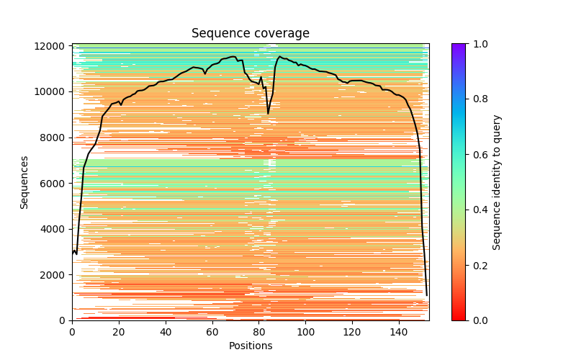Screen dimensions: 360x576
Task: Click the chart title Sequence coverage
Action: point(250,34)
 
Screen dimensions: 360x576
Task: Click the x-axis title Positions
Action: point(250,346)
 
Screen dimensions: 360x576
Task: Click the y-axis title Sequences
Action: point(24,182)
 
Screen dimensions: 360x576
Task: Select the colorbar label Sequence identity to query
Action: point(497,182)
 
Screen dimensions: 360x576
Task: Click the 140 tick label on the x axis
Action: point(399,332)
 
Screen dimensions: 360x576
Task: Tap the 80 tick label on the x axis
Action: point(259,332)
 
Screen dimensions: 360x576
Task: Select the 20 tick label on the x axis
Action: point(119,332)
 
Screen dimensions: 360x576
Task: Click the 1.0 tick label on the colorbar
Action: point(478,44)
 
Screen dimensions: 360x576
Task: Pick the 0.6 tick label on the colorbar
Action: point(478,155)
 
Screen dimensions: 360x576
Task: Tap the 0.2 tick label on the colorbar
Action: point(478,265)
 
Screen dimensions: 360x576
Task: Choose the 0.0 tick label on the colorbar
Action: point(478,320)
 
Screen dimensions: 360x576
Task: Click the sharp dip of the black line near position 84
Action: point(269,113)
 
